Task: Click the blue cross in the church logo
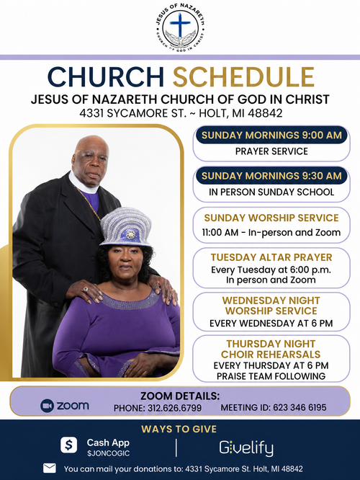pos(180,25)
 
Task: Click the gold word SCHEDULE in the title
pos(244,77)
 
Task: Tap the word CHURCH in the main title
pos(106,77)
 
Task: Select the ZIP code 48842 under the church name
pos(265,114)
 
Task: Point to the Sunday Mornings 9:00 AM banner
pos(271,135)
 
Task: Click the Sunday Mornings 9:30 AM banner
pos(271,176)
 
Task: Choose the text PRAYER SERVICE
pos(271,151)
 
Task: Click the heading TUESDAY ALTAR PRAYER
pos(271,257)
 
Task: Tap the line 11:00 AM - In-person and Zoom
pos(271,233)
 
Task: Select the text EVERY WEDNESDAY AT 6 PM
pos(271,324)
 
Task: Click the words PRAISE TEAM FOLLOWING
pos(271,376)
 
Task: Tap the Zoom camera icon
pos(47,406)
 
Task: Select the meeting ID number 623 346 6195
pos(300,408)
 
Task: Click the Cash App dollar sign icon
pos(69,445)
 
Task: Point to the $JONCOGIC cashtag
pos(108,453)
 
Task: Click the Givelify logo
pos(246,448)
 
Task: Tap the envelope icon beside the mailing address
pos(50,468)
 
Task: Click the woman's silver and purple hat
pos(126,227)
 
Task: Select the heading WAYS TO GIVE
pos(179,429)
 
